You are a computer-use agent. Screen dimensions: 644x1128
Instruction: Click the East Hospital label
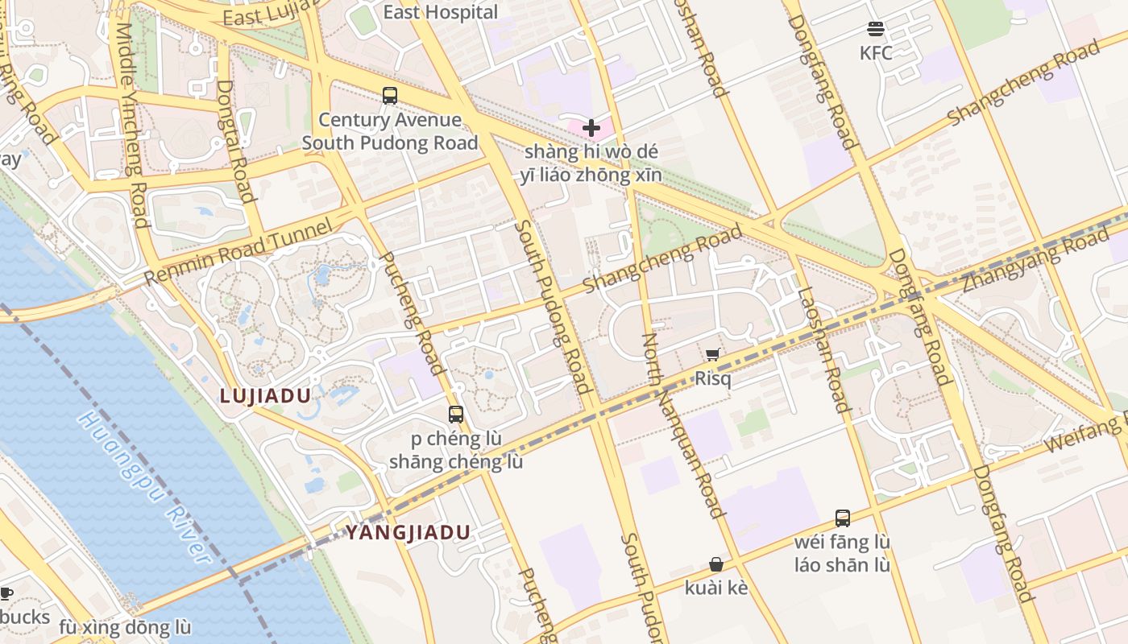(440, 12)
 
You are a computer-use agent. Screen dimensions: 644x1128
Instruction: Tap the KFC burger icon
(876, 30)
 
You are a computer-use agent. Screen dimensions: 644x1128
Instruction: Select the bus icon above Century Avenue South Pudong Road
(390, 96)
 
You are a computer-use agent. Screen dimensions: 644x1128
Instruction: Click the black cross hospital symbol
(591, 127)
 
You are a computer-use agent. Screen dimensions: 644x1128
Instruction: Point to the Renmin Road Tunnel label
(238, 251)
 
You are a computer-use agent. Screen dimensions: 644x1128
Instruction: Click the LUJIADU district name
(265, 395)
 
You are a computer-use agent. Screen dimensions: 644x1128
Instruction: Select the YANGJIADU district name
(408, 532)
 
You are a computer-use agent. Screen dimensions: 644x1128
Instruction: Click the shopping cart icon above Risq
(713, 355)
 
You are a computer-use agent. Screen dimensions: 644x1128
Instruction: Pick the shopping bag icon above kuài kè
(715, 564)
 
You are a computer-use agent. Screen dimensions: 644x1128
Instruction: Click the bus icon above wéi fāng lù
(843, 518)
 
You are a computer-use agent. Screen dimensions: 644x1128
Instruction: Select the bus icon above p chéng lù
(456, 415)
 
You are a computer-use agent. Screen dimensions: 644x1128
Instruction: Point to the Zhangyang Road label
(1035, 259)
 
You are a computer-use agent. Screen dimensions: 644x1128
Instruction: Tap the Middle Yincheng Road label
(131, 125)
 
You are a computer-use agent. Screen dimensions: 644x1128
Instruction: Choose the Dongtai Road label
(236, 141)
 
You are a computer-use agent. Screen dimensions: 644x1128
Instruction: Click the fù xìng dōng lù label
(125, 627)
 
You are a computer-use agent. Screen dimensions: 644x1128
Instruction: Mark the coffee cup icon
(6, 594)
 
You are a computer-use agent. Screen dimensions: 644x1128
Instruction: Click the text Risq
(713, 378)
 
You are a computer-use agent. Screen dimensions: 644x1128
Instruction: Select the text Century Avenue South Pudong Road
(390, 131)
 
